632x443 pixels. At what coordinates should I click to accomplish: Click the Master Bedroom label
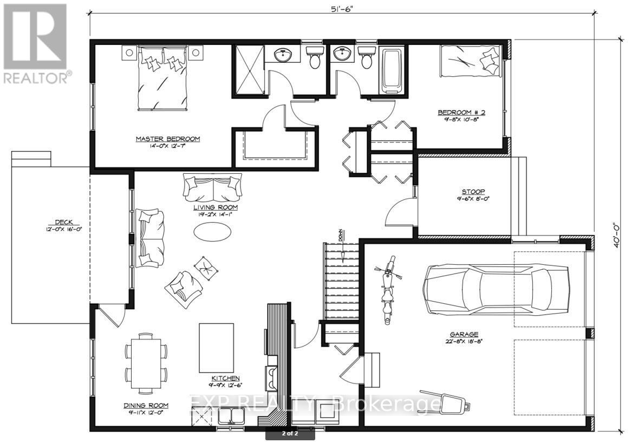pyautogui.click(x=167, y=139)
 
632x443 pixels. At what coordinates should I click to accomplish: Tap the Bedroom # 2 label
pyautogui.click(x=461, y=113)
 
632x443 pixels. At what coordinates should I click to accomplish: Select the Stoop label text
pyautogui.click(x=473, y=191)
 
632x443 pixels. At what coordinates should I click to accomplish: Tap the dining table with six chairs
pyautogui.click(x=146, y=362)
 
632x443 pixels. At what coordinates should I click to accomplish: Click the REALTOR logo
pyautogui.click(x=36, y=43)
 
